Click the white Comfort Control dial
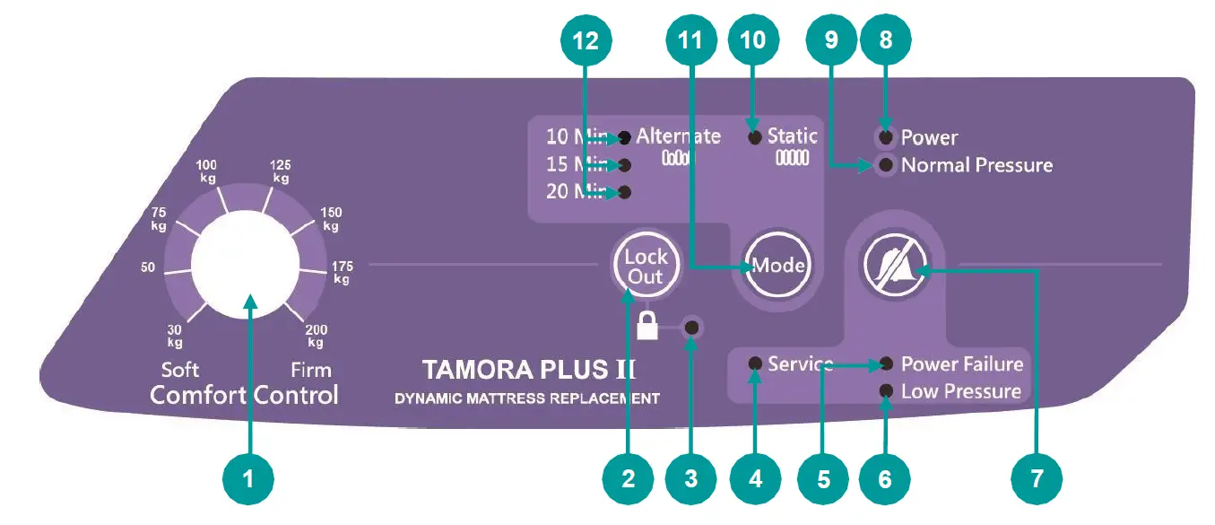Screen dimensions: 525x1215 245,267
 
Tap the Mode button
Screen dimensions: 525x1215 777,266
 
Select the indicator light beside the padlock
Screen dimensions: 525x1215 691,328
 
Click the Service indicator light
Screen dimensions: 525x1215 756,363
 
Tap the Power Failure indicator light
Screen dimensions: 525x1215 886,363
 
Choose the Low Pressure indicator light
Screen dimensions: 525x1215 886,390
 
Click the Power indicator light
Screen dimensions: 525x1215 886,137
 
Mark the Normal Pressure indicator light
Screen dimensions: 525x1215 886,165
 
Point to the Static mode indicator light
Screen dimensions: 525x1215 755,136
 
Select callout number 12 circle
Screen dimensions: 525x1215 585,39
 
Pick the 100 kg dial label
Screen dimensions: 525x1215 207,171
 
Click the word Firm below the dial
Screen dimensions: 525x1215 310,370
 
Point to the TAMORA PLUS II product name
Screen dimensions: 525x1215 529,369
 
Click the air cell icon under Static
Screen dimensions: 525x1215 792,158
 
